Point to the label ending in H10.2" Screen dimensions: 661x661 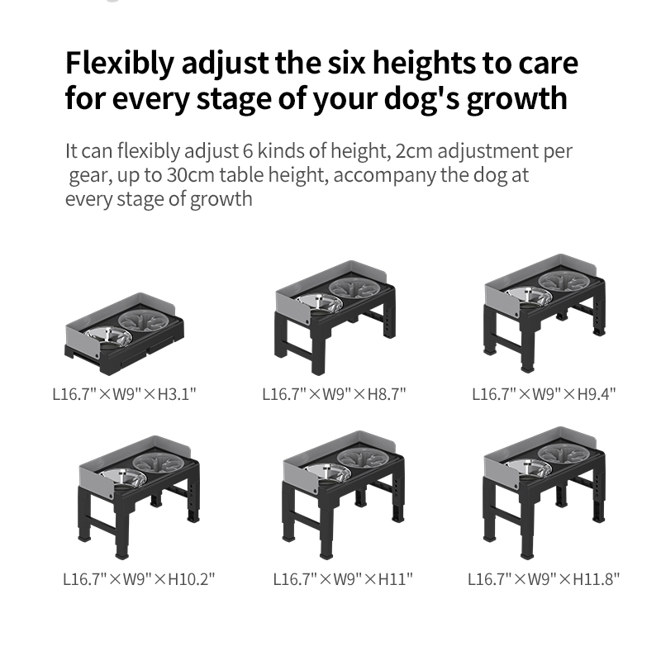(139, 579)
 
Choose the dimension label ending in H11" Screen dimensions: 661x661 (342, 579)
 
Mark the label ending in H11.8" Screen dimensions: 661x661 (544, 579)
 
